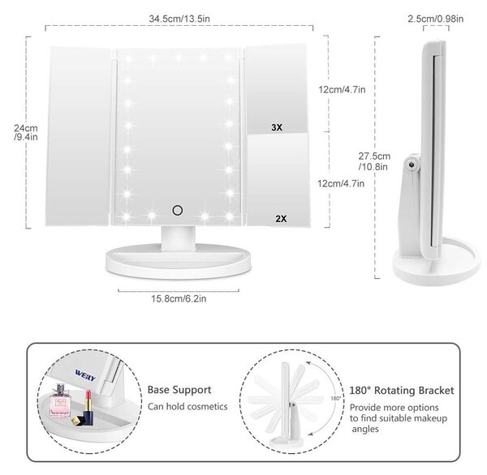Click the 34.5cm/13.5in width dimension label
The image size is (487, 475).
(179, 19)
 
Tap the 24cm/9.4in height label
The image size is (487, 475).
(26, 132)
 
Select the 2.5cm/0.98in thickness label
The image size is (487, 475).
(435, 19)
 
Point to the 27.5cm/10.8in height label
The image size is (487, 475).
(374, 161)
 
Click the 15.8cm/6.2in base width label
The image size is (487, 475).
(179, 298)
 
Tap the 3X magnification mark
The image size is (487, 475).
(277, 127)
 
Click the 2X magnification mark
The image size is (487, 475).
(281, 219)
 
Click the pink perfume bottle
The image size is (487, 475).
(59, 401)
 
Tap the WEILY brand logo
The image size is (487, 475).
(85, 374)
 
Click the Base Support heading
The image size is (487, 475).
(179, 390)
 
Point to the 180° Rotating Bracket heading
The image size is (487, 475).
(402, 391)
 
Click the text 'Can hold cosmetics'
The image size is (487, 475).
(187, 406)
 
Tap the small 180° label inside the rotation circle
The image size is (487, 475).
(336, 398)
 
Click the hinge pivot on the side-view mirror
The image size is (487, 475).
(412, 165)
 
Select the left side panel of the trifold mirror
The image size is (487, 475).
(79, 136)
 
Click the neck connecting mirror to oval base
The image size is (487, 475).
(179, 237)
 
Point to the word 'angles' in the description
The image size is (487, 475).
(365, 430)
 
